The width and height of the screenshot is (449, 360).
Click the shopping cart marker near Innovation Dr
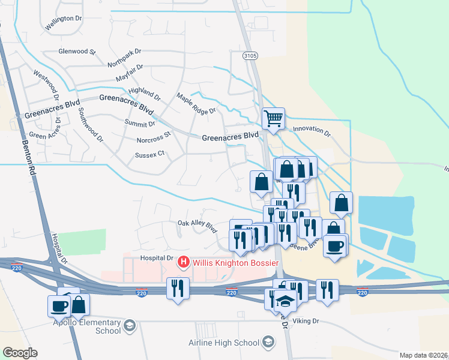coord(273,119)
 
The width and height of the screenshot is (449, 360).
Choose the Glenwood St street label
coord(77,52)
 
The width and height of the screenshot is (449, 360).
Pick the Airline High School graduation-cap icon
coord(268,343)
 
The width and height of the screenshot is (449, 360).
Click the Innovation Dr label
coord(312,129)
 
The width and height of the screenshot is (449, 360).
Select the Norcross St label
coord(154,140)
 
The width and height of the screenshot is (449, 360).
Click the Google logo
coord(20,353)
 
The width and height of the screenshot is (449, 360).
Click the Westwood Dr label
coord(46,86)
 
